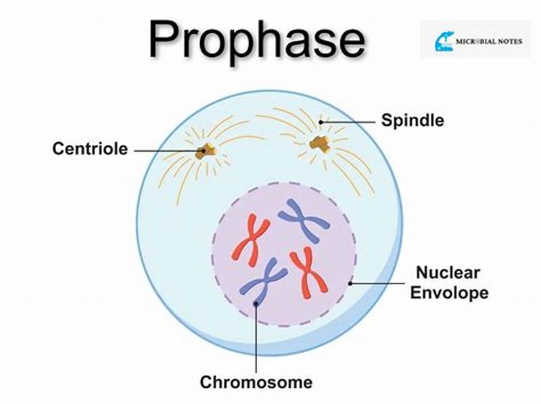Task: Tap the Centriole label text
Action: [x=90, y=149]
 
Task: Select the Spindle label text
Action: [x=413, y=121]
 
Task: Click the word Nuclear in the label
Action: [x=448, y=273]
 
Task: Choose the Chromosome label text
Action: [x=256, y=382]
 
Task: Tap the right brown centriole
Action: [x=319, y=142]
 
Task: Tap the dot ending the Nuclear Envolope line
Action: [x=350, y=282]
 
